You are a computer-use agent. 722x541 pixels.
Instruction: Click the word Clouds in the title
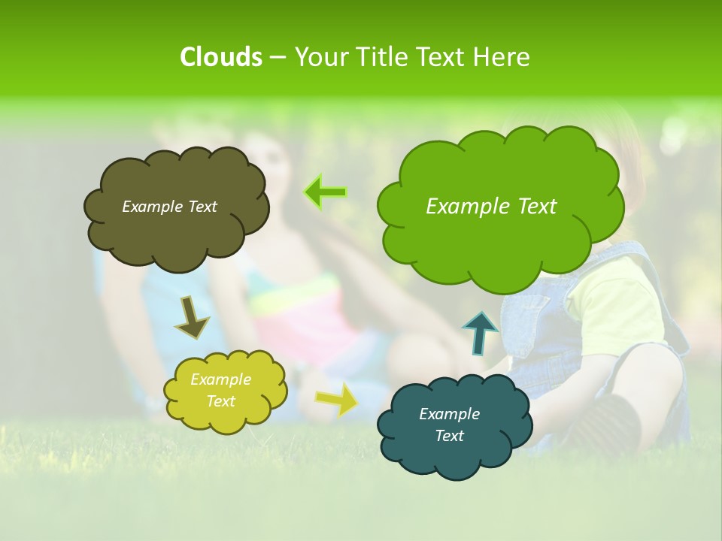[x=220, y=56]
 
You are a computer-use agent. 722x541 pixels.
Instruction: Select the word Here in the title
[x=502, y=56]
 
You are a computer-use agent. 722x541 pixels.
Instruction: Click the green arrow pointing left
[x=325, y=192]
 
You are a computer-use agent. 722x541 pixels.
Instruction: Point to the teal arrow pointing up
[x=479, y=333]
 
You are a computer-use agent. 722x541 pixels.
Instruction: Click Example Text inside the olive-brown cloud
[x=169, y=207]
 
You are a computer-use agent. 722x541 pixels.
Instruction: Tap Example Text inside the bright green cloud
[x=491, y=206]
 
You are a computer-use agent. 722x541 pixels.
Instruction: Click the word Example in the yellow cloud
[x=220, y=379]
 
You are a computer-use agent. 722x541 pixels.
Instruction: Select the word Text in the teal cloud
[x=449, y=436]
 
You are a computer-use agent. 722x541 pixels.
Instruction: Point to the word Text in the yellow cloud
[x=220, y=401]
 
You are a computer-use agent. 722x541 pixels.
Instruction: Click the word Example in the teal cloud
[x=449, y=414]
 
